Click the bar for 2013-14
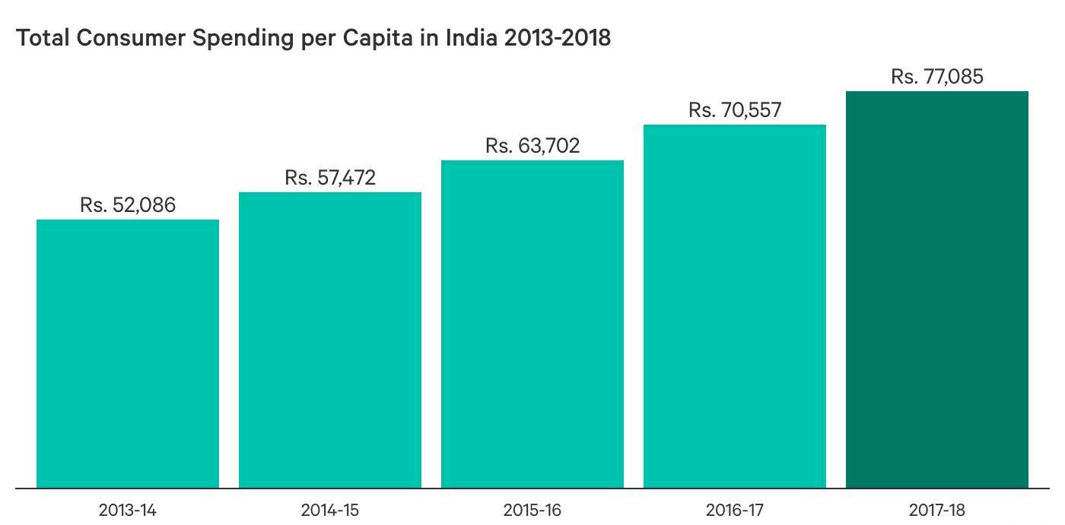click(128, 353)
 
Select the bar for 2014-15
click(330, 340)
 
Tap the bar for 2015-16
click(532, 324)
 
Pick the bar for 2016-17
click(735, 306)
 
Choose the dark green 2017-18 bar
click(937, 289)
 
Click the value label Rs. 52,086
click(128, 205)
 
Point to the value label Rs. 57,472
click(330, 178)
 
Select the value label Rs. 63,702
click(532, 146)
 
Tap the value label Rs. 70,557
click(735, 110)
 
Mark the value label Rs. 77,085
click(937, 77)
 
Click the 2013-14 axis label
click(128, 510)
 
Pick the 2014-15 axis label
click(330, 510)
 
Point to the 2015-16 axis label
click(532, 510)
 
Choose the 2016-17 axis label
click(735, 510)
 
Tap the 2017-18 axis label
click(937, 510)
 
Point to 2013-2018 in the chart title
click(558, 38)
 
